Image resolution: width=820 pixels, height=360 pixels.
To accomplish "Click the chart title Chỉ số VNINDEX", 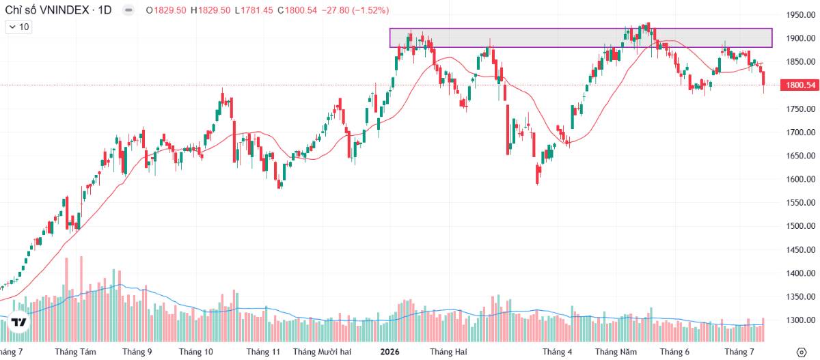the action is [47, 10].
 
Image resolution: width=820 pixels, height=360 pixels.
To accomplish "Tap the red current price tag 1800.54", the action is [801, 85].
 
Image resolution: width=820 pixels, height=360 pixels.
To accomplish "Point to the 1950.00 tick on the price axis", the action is [801, 15].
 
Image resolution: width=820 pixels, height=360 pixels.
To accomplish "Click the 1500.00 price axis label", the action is [801, 225].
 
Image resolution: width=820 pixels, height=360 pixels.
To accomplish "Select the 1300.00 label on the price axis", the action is [801, 320].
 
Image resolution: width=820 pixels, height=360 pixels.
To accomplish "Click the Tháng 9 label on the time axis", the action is [137, 352].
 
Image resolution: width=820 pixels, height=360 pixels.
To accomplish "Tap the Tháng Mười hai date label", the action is [322, 352].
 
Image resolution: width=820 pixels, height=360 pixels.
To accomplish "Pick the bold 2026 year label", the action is [389, 352].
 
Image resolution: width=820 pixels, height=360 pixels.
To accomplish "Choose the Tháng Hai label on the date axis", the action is [448, 352].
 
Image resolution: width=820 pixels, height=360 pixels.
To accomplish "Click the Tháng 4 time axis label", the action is [557, 352].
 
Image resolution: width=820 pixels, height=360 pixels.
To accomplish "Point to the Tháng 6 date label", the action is [674, 352].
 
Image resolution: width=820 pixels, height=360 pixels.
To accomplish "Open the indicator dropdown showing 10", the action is [18, 27].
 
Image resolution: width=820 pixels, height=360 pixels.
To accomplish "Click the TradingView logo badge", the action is [18, 322].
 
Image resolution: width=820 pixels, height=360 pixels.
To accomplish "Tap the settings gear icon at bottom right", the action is [802, 352].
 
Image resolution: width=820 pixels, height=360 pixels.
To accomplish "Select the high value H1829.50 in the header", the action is [210, 10].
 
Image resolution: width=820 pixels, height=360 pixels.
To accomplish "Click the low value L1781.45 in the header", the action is [254, 10].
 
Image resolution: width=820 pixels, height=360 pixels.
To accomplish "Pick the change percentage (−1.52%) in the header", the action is [370, 10].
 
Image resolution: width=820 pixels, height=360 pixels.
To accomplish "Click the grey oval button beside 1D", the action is [128, 10].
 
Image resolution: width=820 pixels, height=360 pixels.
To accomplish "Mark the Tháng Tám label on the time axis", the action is [75, 352].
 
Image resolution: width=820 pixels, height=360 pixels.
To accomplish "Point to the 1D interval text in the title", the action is [105, 10].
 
